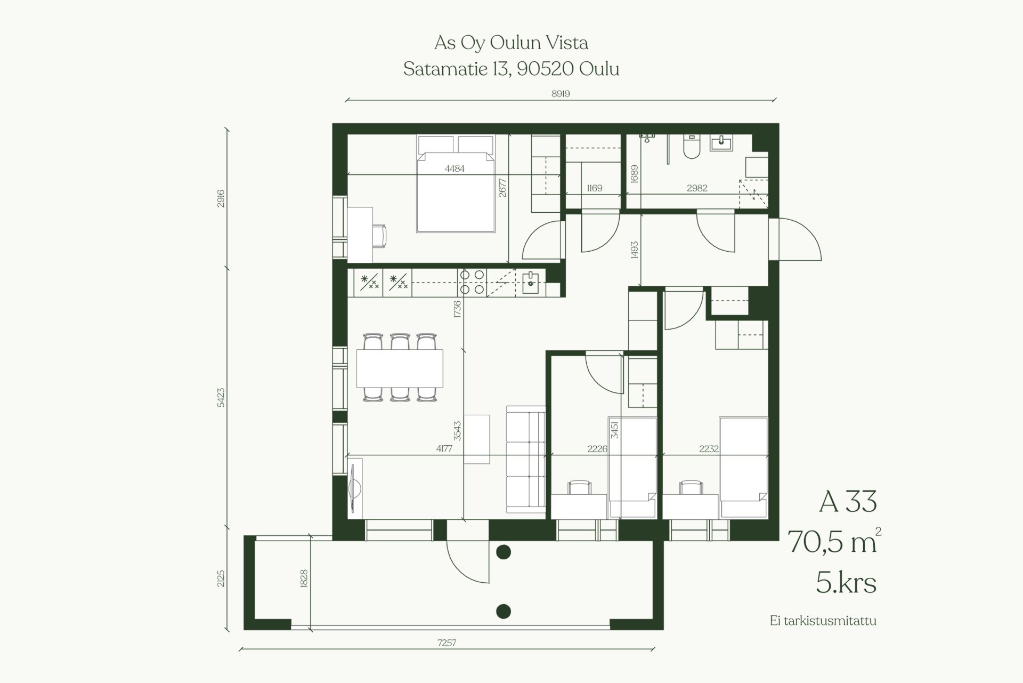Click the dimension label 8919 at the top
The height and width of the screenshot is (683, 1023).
(561, 94)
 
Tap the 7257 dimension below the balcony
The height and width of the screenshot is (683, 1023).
(446, 642)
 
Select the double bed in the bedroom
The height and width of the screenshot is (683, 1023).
(456, 183)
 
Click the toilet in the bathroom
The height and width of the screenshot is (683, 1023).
(692, 147)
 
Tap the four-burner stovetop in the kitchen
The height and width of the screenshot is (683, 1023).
(472, 282)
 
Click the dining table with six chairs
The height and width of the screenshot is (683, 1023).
(400, 368)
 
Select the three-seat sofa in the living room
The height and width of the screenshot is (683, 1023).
(526, 457)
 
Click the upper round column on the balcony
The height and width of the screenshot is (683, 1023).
(504, 552)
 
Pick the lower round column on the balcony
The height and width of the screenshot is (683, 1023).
(504, 611)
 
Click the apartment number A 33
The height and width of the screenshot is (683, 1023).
(848, 501)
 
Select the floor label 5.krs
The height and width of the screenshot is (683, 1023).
(846, 583)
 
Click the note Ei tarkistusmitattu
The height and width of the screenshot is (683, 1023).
(823, 621)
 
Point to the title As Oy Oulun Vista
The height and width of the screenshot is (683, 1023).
(511, 43)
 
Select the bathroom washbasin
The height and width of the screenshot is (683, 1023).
(721, 142)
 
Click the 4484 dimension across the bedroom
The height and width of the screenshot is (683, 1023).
(454, 168)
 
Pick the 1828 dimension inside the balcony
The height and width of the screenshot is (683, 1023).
(304, 579)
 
